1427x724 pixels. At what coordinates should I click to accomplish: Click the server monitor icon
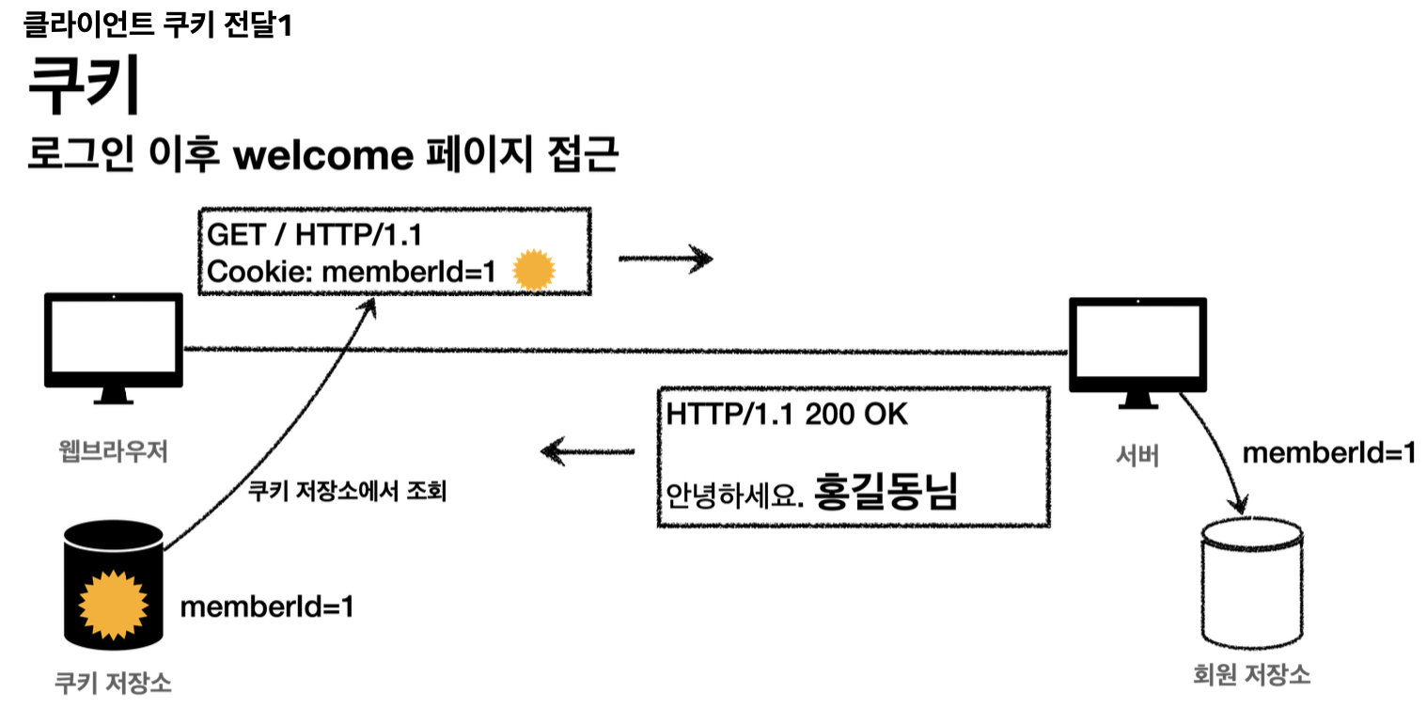[1137, 348]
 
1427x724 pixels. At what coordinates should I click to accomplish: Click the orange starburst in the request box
[535, 272]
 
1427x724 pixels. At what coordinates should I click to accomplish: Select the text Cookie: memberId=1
[351, 272]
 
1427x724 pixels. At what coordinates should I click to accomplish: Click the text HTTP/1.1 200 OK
[788, 415]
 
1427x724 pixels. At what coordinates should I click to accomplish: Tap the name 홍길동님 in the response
[886, 491]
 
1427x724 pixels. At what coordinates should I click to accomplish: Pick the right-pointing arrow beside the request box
[666, 258]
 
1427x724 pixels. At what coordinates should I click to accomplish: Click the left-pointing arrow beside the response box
[588, 452]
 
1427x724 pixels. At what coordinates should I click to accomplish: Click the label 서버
[1137, 456]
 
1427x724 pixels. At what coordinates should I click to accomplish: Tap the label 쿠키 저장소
[113, 683]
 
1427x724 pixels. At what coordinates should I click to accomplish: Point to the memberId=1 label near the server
[1329, 453]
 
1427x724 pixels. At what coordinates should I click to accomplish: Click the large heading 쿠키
[85, 85]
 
